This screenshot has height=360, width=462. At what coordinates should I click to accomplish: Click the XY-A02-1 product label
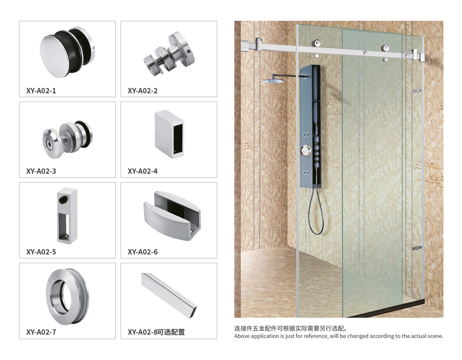[x=41, y=90]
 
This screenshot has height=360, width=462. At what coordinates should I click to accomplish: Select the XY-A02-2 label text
[x=143, y=90]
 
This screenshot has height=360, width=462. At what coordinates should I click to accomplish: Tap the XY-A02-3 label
[x=41, y=171]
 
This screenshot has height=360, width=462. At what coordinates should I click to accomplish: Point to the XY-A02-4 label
[x=143, y=171]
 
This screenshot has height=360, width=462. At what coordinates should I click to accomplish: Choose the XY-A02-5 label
[x=41, y=252]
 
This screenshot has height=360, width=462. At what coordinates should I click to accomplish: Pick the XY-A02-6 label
[x=143, y=252]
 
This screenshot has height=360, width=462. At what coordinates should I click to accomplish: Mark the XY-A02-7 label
[x=41, y=332]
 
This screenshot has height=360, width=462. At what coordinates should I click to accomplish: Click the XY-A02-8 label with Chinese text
[x=156, y=332]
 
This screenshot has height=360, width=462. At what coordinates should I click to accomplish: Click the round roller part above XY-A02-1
[x=67, y=52]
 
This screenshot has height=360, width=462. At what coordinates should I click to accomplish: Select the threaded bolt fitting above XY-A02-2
[x=169, y=54]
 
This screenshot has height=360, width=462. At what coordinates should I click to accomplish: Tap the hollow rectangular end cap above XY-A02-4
[x=170, y=134]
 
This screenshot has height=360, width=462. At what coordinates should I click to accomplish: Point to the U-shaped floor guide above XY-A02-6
[x=172, y=216]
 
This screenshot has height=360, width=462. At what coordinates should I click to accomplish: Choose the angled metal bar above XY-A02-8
[x=169, y=295]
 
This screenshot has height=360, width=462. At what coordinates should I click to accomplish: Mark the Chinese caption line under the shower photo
[x=291, y=329]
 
